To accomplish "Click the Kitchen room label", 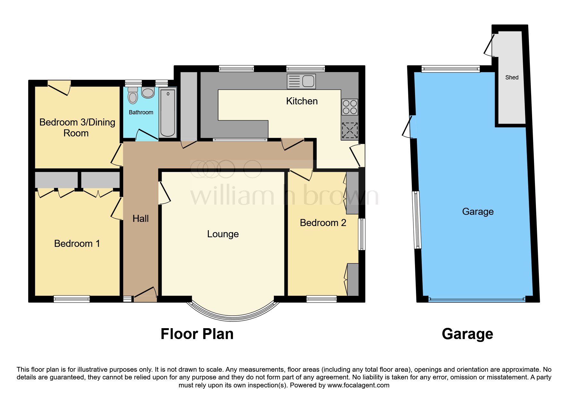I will tap(302, 101).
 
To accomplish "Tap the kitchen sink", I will tap(301, 81).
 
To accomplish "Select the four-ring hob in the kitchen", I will tap(350, 107).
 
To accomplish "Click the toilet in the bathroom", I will tap(132, 96).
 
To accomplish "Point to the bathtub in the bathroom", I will tap(168, 113).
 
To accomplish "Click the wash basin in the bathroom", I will tap(148, 93).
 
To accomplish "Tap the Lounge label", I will tap(223, 234).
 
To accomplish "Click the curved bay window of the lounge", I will tap(233, 315).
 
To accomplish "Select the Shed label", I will tap(512, 77).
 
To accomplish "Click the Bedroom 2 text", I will tap(323, 223).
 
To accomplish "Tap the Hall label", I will tap(140, 219).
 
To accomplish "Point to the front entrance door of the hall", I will tap(145, 295).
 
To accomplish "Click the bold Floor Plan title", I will tap(197, 334).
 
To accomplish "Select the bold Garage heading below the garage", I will tap(467, 334).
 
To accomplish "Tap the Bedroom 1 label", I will tap(77, 244).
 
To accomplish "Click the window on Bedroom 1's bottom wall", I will tap(72, 299).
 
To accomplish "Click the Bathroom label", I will tap(141, 112).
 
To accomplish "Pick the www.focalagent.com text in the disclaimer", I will tap(358, 385).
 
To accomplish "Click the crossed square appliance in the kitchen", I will tap(350, 131).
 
